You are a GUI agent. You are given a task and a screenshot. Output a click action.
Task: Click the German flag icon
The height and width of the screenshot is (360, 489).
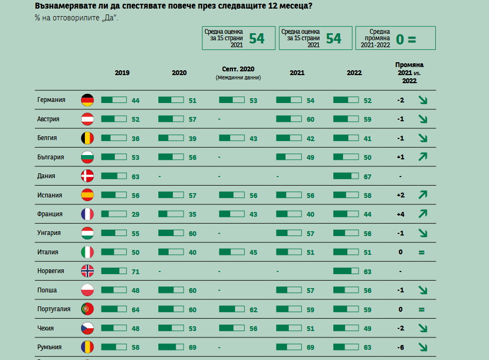(87, 100)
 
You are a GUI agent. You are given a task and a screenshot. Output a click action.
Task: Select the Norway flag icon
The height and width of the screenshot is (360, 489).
(87, 271)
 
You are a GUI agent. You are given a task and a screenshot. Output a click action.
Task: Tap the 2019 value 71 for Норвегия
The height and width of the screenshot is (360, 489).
(135, 272)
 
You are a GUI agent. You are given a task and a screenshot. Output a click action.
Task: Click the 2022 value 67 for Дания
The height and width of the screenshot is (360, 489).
(368, 177)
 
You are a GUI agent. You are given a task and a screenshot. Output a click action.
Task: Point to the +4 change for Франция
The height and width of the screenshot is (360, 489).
(400, 215)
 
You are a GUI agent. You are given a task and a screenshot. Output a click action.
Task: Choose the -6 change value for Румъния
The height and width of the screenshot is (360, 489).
(400, 348)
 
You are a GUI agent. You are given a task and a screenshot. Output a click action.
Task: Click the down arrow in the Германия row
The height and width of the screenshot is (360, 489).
(422, 100)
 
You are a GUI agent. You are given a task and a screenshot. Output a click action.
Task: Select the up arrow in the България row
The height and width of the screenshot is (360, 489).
(422, 157)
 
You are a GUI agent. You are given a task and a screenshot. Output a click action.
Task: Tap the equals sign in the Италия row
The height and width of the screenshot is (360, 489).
(422, 253)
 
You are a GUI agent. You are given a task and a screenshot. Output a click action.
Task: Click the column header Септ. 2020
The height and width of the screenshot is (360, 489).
(238, 69)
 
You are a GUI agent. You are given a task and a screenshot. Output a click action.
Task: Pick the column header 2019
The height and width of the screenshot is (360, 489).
(122, 73)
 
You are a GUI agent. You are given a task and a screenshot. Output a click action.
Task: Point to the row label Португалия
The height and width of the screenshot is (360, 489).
(54, 309)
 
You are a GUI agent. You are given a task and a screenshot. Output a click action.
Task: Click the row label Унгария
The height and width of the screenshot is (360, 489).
(49, 233)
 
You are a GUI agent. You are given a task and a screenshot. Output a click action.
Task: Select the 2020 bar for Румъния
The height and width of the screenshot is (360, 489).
(171, 347)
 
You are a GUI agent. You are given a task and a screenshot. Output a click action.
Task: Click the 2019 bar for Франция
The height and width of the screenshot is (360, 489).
(114, 214)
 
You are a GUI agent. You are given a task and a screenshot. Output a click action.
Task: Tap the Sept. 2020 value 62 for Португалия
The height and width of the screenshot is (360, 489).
(253, 310)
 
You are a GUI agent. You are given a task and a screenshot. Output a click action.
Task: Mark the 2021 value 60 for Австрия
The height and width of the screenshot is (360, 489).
(310, 120)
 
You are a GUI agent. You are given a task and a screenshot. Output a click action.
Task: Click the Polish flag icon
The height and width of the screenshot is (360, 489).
(87, 290)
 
